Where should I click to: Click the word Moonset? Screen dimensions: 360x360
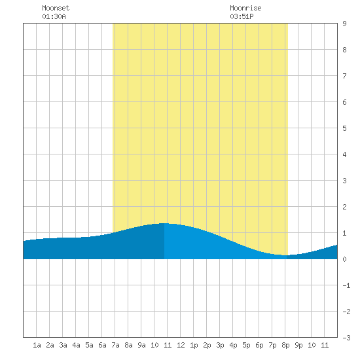(56, 8)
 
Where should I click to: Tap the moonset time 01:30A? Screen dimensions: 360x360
(54, 16)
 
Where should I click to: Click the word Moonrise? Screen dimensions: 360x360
(245, 8)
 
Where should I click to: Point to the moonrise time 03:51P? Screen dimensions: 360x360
(242, 16)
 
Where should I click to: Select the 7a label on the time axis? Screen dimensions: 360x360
(115, 345)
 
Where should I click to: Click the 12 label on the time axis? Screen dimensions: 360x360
(181, 345)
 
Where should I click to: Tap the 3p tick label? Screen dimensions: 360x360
(220, 345)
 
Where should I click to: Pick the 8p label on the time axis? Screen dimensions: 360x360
(285, 345)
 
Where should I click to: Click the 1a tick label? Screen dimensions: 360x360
(37, 345)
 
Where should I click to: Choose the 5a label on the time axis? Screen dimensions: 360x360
(89, 345)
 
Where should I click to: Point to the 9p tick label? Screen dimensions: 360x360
(298, 345)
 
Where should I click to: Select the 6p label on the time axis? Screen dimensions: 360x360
(259, 345)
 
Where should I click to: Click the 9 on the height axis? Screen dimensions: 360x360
(344, 24)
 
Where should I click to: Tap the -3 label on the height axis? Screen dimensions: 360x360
(346, 338)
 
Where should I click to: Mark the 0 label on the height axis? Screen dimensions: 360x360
(344, 259)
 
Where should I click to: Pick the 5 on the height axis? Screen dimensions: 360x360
(344, 128)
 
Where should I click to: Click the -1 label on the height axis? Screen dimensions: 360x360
(346, 285)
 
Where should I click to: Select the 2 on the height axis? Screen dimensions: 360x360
(344, 207)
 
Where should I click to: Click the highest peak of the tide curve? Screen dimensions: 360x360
(164, 223)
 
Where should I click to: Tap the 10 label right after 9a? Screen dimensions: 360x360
(154, 345)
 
